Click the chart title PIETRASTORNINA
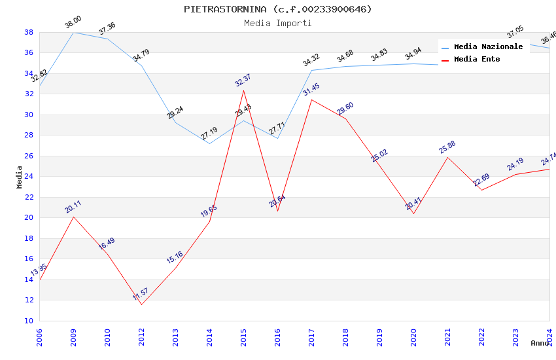pos(277,9)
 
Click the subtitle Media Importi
pos(277,23)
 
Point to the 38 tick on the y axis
pos(29,32)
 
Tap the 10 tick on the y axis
pos(29,321)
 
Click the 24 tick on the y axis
pos(29,177)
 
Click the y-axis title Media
pos(19,177)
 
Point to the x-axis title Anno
pos(540,343)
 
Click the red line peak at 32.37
pos(243,90)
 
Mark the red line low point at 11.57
pos(141,304)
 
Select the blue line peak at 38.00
pos(73,32)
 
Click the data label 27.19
pos(209,134)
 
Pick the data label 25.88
pos(447,147)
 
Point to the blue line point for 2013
pos(175,122)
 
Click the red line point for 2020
pos(413,213)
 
